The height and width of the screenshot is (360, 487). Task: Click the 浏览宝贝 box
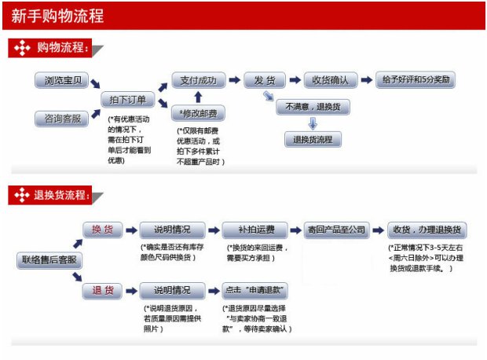click(61, 81)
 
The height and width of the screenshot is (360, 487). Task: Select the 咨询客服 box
click(61, 119)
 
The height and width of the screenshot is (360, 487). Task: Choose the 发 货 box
click(265, 80)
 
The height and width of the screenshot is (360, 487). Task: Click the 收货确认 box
click(330, 80)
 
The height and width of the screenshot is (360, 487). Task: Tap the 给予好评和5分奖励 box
click(417, 80)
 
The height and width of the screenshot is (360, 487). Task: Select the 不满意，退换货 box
click(313, 107)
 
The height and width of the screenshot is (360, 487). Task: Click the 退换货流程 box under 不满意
click(313, 140)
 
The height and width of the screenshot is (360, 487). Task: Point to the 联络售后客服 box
click(48, 260)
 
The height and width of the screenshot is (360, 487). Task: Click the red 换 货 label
click(102, 230)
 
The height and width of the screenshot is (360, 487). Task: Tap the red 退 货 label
click(102, 291)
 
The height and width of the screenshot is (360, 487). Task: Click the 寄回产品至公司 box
click(336, 230)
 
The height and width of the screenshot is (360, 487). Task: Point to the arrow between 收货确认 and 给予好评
click(369, 80)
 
